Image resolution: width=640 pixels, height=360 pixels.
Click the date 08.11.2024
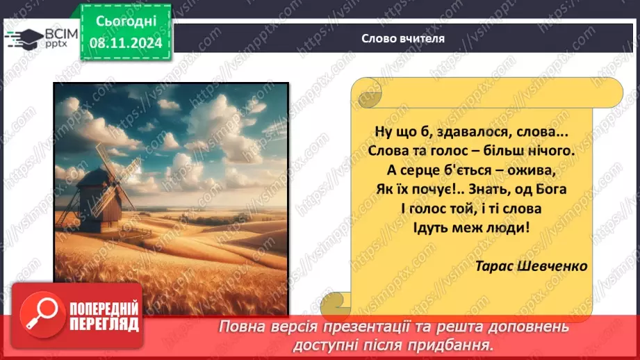[125, 42]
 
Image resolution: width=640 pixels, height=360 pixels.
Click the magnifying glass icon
[40, 315]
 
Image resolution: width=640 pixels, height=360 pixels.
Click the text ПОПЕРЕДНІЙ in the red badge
[105, 309]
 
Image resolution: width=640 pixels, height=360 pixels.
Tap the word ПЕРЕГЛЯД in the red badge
[105, 324]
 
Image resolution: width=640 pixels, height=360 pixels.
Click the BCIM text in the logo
[62, 33]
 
